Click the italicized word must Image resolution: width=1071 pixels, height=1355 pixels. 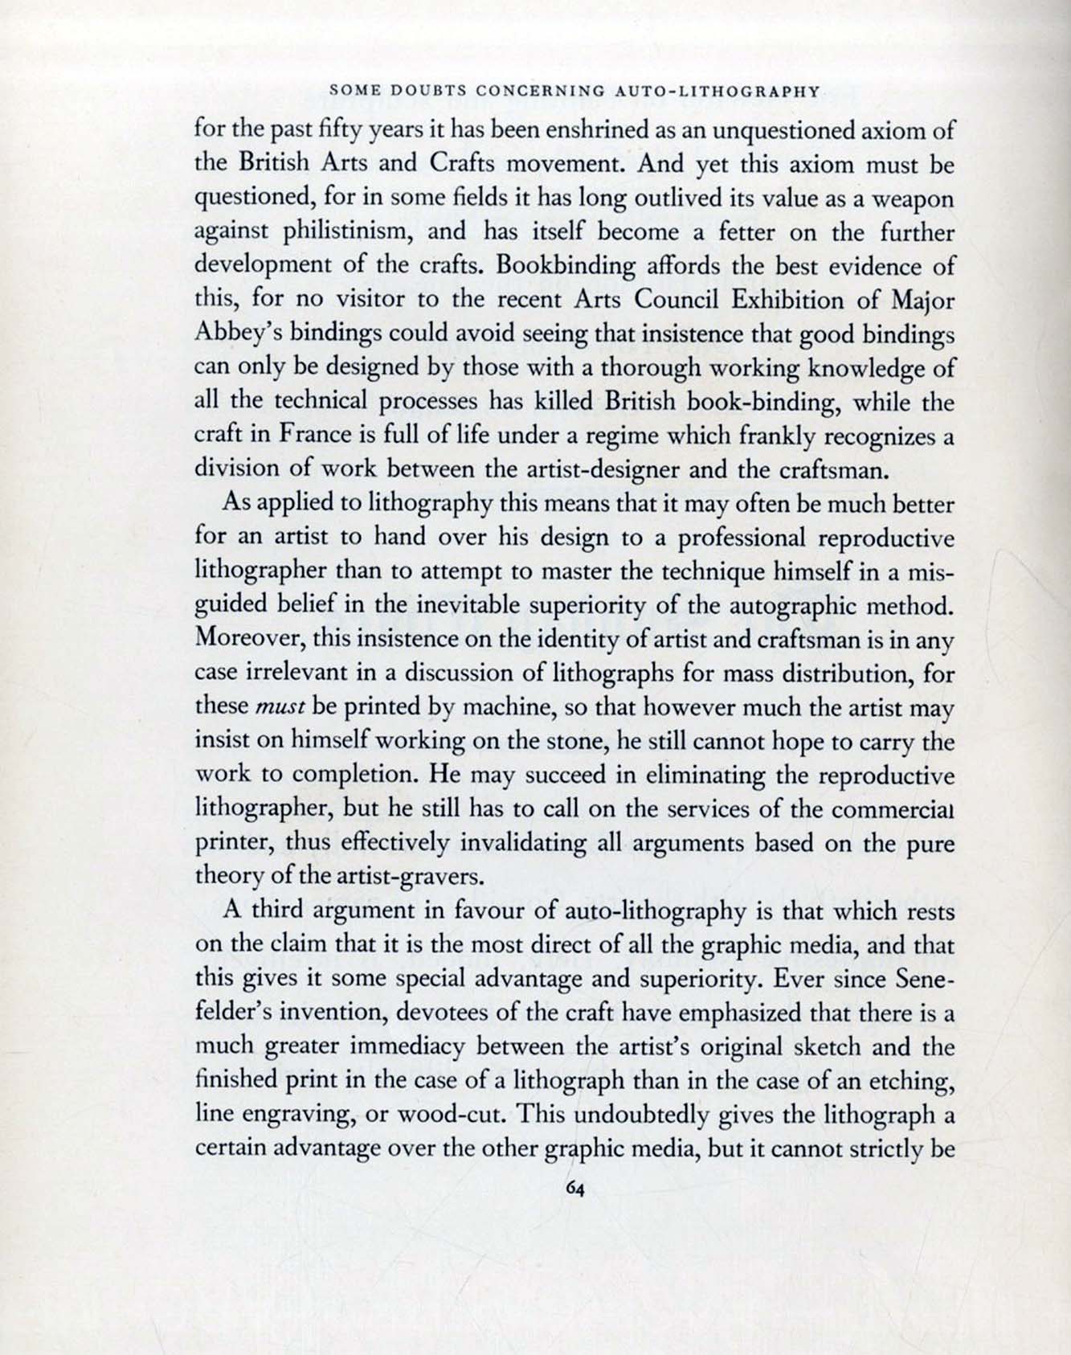tap(278, 706)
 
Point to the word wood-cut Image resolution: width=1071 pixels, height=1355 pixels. tap(452, 1116)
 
